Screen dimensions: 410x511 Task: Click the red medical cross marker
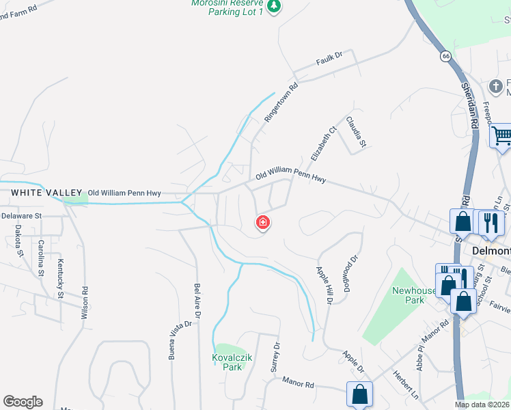coord(262,223)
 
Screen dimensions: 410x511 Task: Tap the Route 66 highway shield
coord(446,57)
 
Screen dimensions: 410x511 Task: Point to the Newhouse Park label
coord(413,295)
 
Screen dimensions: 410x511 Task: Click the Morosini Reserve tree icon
coord(274,6)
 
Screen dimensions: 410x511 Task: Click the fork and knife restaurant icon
coord(489,222)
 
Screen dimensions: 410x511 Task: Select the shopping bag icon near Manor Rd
coord(359,394)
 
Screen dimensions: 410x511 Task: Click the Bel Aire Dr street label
coord(197,303)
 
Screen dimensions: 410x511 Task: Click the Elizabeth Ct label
coord(324,142)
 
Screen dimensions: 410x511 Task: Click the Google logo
coord(23,402)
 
